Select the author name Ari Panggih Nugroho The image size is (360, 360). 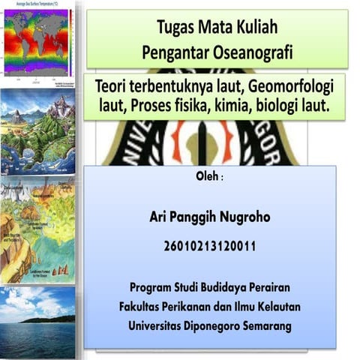tap(209, 217)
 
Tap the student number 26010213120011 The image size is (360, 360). tap(209, 245)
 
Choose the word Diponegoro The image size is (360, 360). tap(217, 326)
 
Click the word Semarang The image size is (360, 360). tap(268, 326)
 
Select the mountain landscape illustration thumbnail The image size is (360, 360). tap(37, 132)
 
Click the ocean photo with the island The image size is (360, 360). tap(37, 322)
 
